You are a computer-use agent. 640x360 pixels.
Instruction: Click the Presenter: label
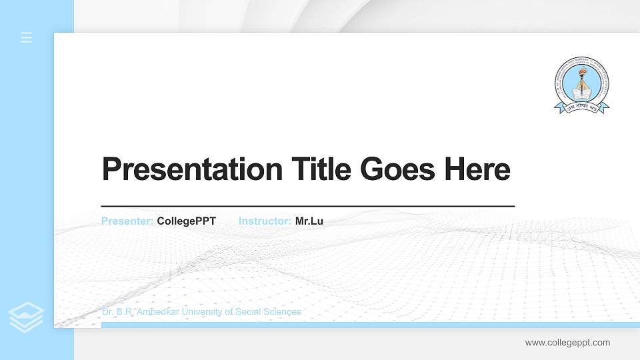[x=127, y=221]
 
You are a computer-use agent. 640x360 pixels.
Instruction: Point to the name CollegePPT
[x=186, y=221]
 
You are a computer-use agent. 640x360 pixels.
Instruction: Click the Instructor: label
[x=265, y=221]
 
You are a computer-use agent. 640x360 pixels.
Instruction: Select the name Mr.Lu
[x=309, y=221]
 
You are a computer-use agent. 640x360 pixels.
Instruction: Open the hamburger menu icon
[x=27, y=37]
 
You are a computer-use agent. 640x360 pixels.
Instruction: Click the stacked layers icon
[x=26, y=317]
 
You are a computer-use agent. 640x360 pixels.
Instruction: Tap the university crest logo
[x=582, y=83]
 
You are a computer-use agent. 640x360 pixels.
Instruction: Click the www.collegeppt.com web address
[x=567, y=343]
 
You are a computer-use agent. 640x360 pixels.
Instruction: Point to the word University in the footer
[x=203, y=311]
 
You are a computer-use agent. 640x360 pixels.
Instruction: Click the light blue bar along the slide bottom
[x=367, y=325]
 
